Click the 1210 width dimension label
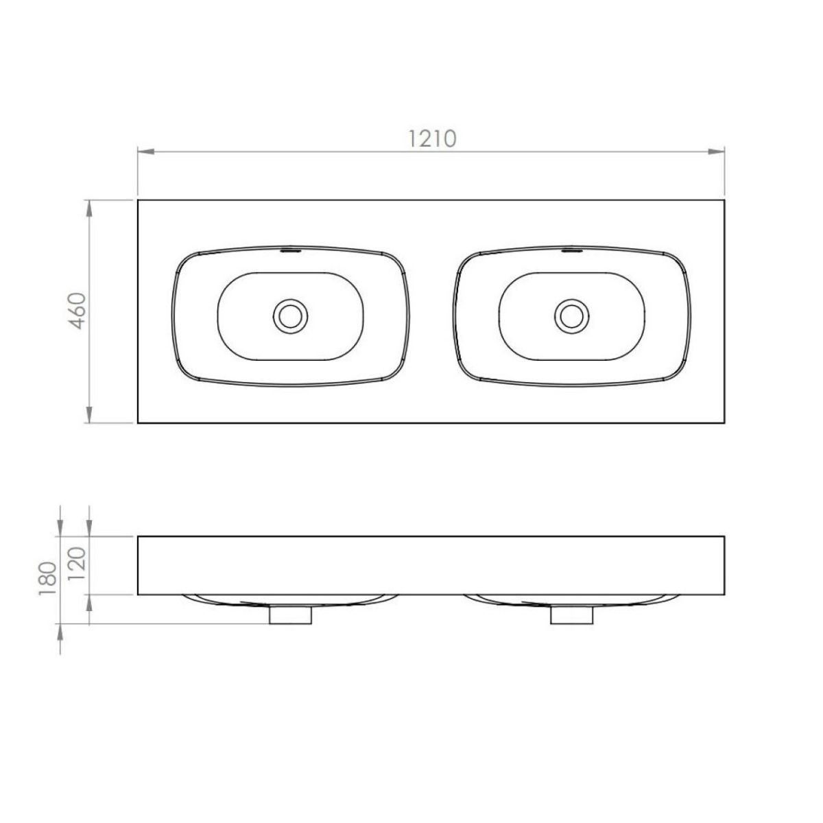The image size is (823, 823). (x=433, y=139)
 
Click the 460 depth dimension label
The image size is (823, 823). (x=78, y=311)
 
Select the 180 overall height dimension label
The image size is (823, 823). (x=48, y=579)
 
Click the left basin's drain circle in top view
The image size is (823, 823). (x=290, y=316)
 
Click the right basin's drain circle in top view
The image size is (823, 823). (x=571, y=316)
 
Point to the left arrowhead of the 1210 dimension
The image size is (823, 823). (x=146, y=152)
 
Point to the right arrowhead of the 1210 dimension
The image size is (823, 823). (x=716, y=152)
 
